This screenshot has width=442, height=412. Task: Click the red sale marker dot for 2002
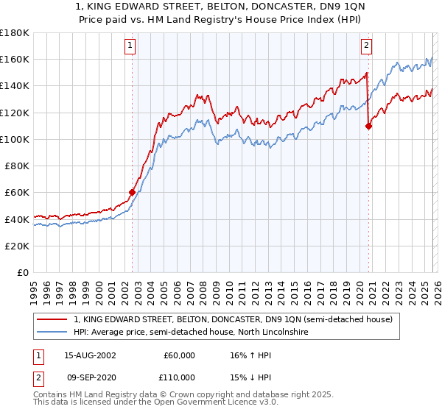point(133,193)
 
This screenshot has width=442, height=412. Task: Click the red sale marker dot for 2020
point(369,126)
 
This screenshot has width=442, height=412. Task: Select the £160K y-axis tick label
point(14,59)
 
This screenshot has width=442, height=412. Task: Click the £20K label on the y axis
point(17,246)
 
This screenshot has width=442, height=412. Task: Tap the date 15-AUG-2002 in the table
point(90,355)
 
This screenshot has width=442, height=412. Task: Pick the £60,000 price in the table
point(179,355)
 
